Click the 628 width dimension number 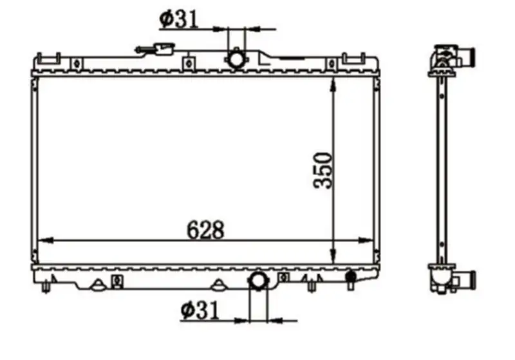click(x=205, y=230)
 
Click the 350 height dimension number click(x=323, y=170)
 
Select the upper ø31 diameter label click(x=179, y=19)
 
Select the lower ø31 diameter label click(x=200, y=310)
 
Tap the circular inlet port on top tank click(x=236, y=59)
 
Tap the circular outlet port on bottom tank click(x=259, y=280)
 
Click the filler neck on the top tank click(x=155, y=50)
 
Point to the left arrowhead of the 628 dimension click(x=46, y=240)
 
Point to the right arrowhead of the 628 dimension click(x=366, y=240)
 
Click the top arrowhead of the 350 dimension click(x=333, y=86)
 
